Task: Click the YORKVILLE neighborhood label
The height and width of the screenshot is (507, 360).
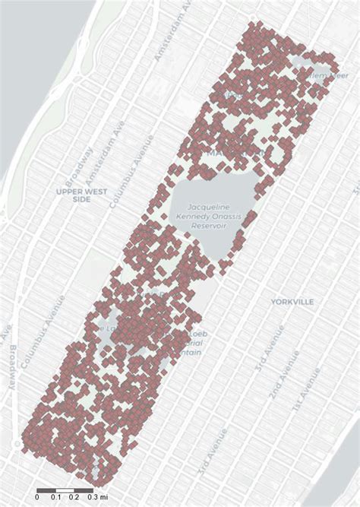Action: (292, 302)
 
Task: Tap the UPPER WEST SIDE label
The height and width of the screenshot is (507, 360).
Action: (82, 195)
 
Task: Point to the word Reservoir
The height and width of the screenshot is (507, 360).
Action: (209, 226)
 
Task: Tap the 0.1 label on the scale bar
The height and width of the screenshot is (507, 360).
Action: (56, 496)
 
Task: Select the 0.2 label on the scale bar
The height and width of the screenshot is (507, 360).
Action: (74, 496)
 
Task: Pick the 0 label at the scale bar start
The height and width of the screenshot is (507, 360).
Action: (37, 496)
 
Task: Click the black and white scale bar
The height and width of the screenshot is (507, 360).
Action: (65, 488)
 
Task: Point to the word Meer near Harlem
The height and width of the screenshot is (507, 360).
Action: (337, 75)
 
